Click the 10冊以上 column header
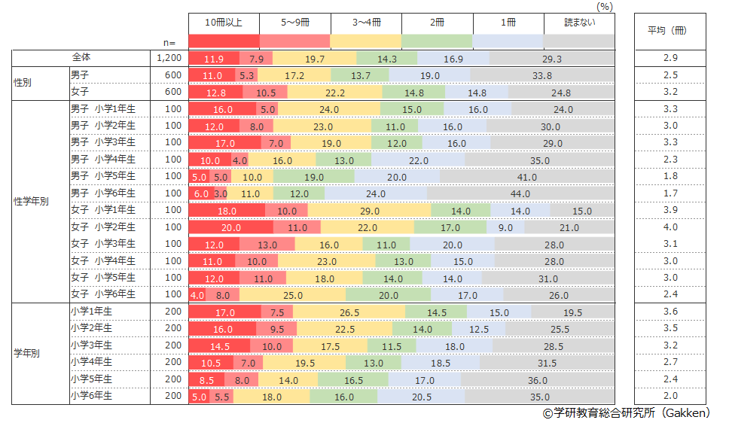click(x=224, y=23)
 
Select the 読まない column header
click(x=579, y=23)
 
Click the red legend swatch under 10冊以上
click(x=224, y=41)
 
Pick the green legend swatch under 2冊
click(x=437, y=41)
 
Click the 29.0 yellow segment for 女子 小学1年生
click(x=369, y=211)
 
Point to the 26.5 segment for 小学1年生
click(x=349, y=312)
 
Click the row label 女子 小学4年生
click(x=103, y=261)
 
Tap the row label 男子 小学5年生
click(x=103, y=176)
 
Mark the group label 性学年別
click(x=32, y=202)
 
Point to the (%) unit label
click(x=605, y=6)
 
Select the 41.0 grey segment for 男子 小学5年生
click(x=526, y=176)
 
